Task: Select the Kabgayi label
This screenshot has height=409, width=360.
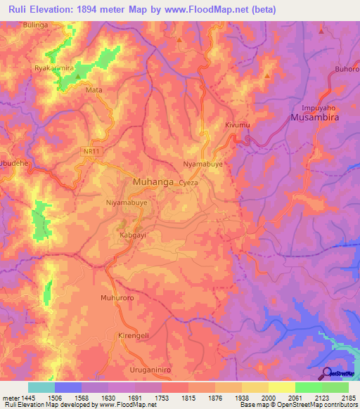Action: click(x=132, y=235)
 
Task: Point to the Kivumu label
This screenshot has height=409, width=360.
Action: click(x=238, y=125)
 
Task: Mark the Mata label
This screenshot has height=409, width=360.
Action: click(x=94, y=91)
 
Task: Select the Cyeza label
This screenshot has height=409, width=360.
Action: click(x=189, y=182)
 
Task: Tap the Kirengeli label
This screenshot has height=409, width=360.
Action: click(x=134, y=335)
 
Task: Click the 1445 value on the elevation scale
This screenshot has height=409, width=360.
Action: click(x=20, y=398)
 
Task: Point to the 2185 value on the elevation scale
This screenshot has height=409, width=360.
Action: click(x=349, y=398)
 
